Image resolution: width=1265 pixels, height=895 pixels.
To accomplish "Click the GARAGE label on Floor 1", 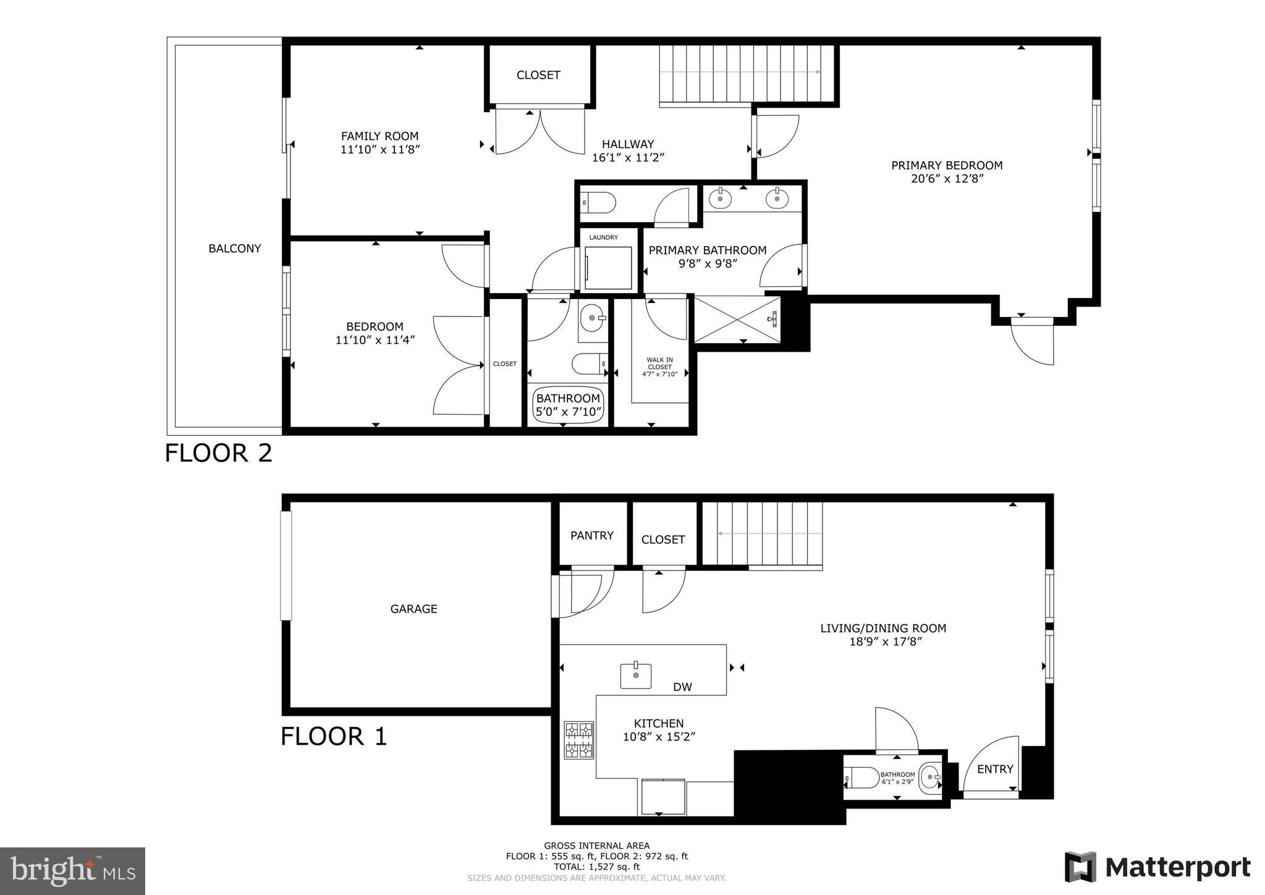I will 413,609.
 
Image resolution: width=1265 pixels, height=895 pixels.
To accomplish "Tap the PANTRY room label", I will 591,535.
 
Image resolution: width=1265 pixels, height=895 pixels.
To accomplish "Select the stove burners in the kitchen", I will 578,740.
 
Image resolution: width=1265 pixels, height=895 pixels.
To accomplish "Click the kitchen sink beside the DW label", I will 636,676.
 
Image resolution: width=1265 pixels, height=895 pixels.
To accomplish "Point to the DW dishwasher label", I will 682,687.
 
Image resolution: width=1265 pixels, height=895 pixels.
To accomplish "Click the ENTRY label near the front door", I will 995,769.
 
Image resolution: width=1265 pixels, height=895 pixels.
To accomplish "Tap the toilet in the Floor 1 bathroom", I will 862,778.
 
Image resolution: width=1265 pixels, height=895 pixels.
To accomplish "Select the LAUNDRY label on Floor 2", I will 603,237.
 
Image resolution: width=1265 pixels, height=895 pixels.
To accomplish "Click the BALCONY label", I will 234,248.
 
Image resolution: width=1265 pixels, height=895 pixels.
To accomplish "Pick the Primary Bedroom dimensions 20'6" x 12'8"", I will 946,179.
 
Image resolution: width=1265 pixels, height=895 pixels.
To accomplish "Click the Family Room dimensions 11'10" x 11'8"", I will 380,150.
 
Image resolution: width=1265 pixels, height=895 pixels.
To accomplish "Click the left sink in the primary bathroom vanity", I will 720,199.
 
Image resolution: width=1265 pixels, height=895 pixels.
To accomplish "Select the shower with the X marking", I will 737,319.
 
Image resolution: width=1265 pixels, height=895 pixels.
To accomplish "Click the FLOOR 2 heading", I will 218,453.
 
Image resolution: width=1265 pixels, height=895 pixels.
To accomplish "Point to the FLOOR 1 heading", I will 334,736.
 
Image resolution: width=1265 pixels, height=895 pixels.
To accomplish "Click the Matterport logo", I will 1157,867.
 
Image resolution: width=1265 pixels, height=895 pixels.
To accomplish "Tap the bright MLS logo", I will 72,872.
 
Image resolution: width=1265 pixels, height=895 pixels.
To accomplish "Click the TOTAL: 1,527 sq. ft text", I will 596,867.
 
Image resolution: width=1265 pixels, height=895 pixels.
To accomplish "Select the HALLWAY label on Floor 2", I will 627,144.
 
